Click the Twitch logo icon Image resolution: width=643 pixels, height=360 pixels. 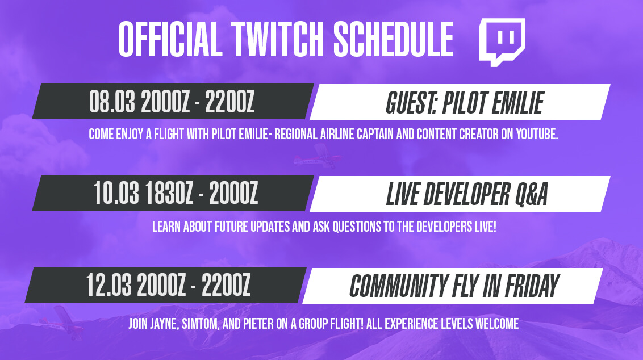(x=502, y=41)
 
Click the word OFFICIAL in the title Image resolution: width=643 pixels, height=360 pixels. (x=170, y=39)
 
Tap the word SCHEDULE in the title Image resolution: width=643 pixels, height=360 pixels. (x=393, y=39)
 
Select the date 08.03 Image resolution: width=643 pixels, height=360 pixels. (x=112, y=102)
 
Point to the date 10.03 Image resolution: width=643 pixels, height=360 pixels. (x=116, y=193)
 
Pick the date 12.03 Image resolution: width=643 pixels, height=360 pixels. (x=108, y=285)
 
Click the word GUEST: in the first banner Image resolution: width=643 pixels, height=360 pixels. (x=412, y=103)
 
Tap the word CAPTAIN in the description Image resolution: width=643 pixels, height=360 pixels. (x=375, y=134)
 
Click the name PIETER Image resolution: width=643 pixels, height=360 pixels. (x=258, y=324)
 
